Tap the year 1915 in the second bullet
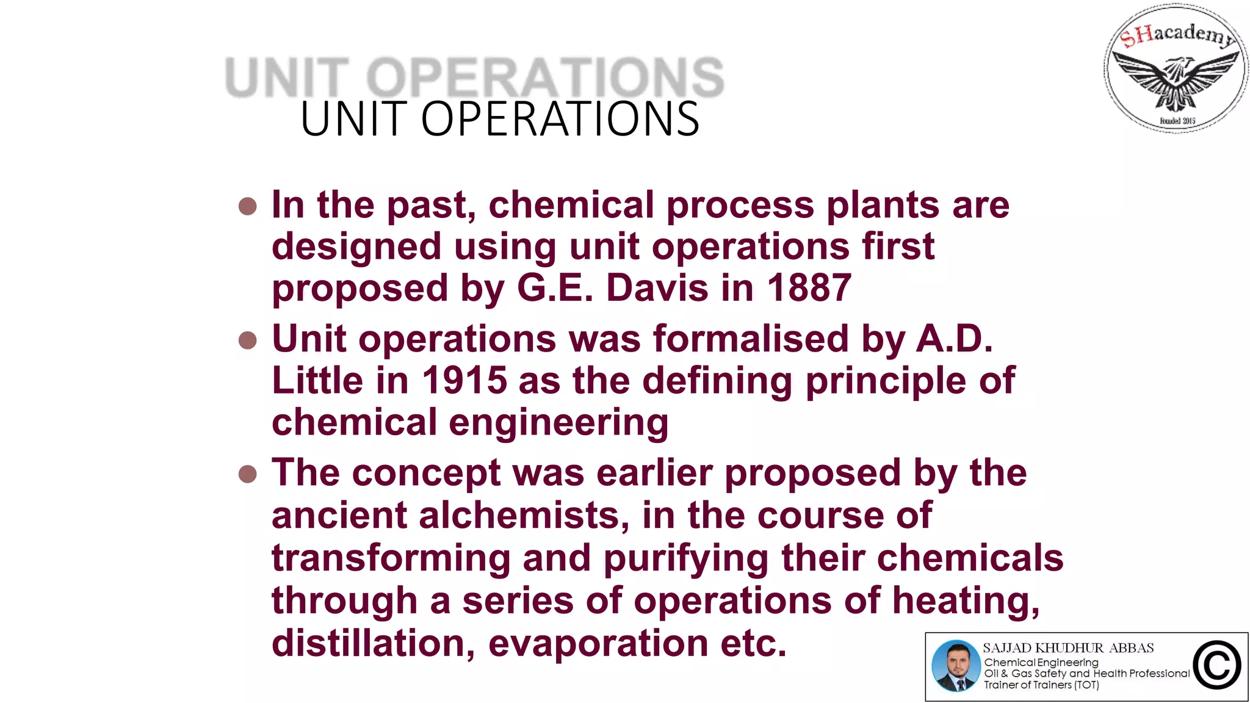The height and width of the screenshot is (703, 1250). (464, 381)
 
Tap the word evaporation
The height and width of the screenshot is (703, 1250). (598, 643)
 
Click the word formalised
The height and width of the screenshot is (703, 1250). (751, 339)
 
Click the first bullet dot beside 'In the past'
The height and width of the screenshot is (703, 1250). (248, 206)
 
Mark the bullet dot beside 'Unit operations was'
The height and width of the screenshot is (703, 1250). (248, 340)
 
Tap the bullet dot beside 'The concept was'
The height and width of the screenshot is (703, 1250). (248, 474)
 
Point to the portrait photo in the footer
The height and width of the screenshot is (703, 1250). (956, 666)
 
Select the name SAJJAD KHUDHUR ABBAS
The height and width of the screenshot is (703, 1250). (1068, 648)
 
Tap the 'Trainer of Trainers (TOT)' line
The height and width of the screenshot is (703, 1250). (1041, 685)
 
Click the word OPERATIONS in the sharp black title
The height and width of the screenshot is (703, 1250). (560, 119)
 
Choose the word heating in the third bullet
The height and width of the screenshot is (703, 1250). (966, 601)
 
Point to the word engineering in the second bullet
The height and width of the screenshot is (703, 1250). (558, 424)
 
